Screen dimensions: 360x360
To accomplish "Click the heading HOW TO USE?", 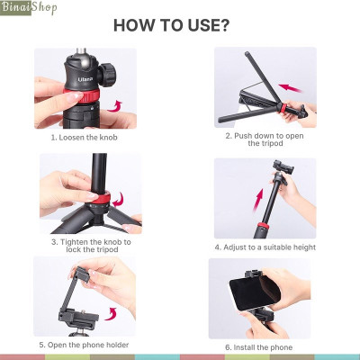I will pos(179,23).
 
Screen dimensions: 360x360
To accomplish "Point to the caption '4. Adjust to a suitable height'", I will pos(265,246).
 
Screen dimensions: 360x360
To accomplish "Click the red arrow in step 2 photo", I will pos(290,88).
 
